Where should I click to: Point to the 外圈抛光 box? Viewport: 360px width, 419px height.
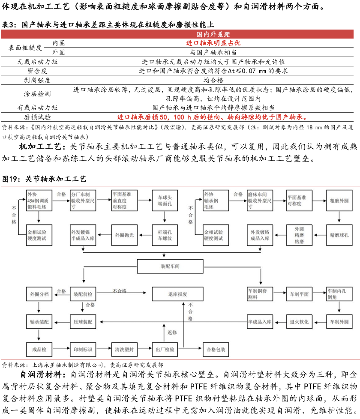click(x=124, y=235)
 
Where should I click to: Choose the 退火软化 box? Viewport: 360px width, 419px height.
click(x=299, y=322)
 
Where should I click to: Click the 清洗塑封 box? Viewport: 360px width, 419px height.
click(x=124, y=350)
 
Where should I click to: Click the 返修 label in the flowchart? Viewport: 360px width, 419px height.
click(x=172, y=332)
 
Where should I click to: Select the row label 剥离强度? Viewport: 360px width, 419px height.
click(x=37, y=80)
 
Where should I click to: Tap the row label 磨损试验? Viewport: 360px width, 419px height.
click(x=37, y=117)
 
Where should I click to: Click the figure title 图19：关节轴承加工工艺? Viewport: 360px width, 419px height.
click(x=45, y=178)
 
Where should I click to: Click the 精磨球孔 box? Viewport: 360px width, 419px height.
click(x=338, y=235)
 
